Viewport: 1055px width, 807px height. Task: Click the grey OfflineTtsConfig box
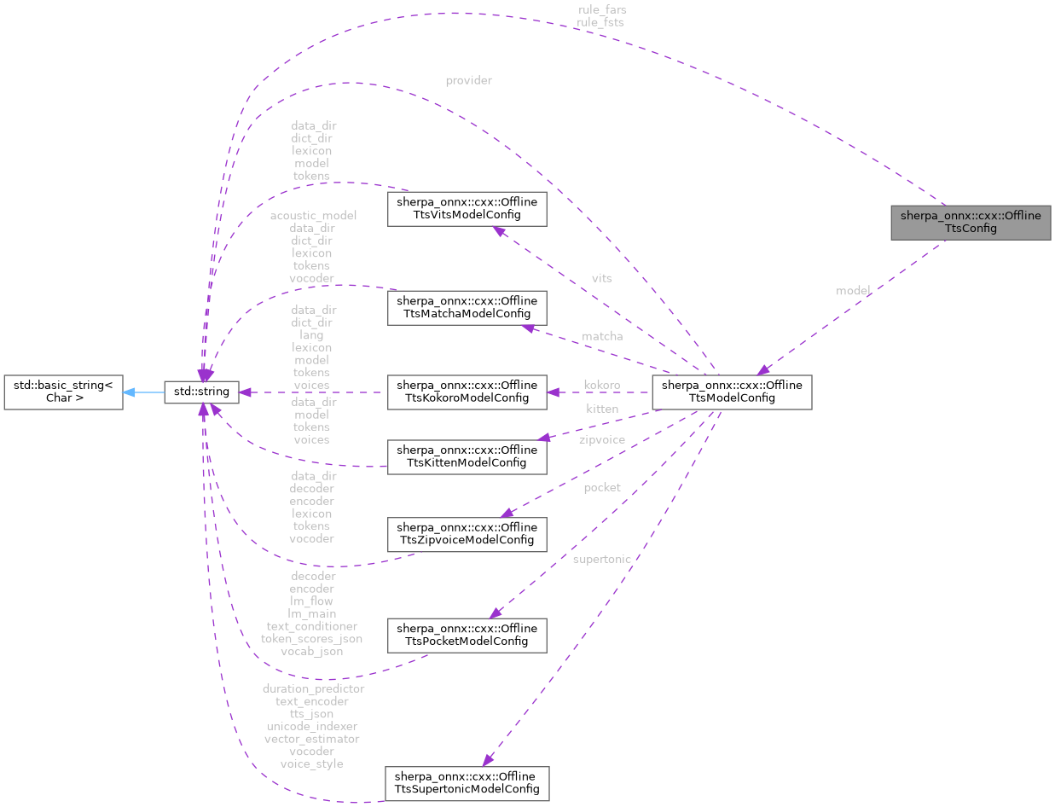971,222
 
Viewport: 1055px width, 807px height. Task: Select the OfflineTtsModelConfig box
731,392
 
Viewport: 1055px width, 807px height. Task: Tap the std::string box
201,392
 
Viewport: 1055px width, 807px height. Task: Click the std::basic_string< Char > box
62,392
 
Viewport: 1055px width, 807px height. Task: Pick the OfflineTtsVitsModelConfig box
467,209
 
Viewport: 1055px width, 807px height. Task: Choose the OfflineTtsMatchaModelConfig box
467,307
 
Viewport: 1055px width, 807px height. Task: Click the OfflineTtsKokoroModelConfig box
467,392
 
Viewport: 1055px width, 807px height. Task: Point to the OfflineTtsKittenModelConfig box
467,456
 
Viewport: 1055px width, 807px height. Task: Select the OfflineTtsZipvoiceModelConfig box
467,532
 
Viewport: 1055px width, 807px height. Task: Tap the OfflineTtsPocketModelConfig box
467,635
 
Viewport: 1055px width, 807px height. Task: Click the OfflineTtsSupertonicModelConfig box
467,783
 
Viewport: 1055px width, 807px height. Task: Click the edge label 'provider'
468,80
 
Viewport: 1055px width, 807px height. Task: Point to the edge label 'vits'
601,278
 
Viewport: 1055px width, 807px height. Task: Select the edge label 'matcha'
602,336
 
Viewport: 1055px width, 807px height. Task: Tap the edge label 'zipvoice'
601,440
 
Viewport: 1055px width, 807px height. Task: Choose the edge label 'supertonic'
601,559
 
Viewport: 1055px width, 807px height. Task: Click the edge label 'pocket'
601,487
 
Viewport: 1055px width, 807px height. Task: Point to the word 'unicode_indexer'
311,726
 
